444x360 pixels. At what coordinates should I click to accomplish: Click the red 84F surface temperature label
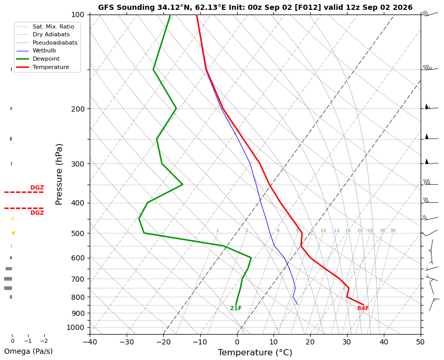(x=363, y=308)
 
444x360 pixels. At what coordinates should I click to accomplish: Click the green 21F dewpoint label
(x=236, y=308)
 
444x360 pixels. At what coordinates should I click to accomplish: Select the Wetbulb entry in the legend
(x=44, y=51)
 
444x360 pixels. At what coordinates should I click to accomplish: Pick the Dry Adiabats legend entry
(x=51, y=35)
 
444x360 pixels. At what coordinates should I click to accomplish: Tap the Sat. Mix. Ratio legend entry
(x=53, y=26)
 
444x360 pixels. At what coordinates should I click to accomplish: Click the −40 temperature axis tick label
(x=90, y=342)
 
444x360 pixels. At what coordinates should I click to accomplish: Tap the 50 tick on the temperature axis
(x=421, y=342)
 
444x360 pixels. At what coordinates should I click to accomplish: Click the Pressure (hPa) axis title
(x=59, y=174)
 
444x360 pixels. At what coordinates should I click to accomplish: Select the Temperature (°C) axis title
(x=255, y=353)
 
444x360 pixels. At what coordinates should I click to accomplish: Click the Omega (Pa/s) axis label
(x=29, y=352)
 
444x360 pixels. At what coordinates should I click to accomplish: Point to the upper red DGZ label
(x=37, y=187)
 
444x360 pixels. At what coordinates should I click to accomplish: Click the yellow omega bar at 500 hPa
(x=13, y=233)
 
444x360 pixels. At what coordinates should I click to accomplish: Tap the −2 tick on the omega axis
(x=44, y=341)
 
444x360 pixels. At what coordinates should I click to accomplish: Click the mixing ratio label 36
(x=393, y=230)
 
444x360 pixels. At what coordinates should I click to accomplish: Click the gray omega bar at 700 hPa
(x=8, y=279)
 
